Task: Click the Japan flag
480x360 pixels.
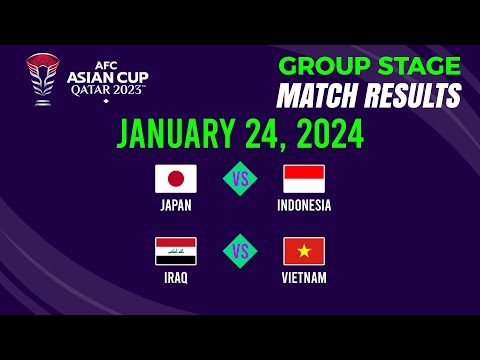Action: (176, 179)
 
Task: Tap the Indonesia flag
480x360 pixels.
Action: (304, 179)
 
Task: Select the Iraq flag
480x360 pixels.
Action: (176, 251)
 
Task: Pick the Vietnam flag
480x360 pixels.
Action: (304, 251)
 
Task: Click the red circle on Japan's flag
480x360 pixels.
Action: (176, 179)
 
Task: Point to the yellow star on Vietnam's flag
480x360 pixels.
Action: (304, 251)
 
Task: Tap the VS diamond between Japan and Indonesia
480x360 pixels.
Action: (240, 179)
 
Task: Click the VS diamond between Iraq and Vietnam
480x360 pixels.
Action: (240, 251)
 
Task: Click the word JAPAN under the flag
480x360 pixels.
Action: (176, 206)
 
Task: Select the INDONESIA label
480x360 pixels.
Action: (304, 206)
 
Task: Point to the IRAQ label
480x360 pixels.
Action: (176, 278)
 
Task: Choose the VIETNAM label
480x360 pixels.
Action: (304, 278)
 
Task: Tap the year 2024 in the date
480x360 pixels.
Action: (324, 133)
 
